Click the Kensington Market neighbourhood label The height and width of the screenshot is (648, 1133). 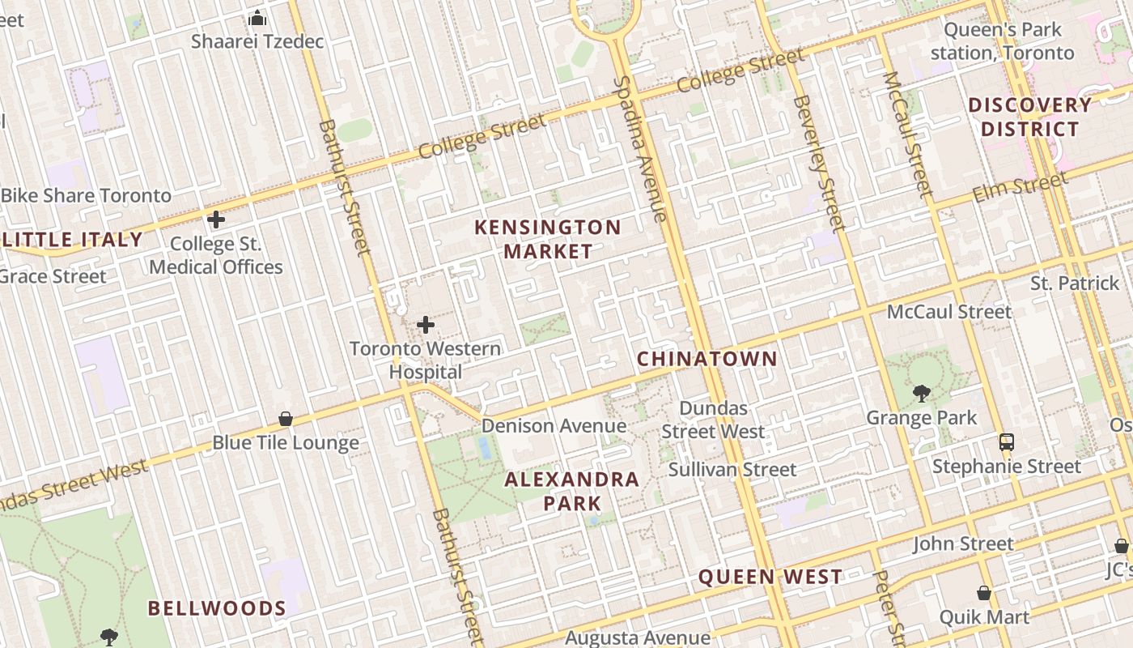point(548,239)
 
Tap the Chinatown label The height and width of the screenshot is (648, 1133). point(707,359)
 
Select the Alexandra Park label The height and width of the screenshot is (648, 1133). point(572,491)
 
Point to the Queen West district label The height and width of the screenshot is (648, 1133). point(770,577)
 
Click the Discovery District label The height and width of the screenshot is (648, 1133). point(1029,117)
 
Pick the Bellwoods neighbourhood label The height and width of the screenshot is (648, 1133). point(217,608)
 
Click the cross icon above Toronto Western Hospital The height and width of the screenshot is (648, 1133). point(426,326)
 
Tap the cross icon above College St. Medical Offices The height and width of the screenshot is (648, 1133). point(216,220)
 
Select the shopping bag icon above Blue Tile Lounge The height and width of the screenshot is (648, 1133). point(286,419)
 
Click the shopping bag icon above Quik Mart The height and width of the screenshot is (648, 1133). point(984,594)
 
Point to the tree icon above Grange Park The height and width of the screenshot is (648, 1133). point(921,394)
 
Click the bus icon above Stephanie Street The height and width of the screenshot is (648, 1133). point(1007,442)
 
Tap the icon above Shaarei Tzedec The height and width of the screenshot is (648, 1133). point(257,18)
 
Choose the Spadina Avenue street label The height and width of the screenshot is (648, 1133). point(640,149)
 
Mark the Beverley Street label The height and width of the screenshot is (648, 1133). point(820,163)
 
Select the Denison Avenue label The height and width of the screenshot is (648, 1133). point(554,426)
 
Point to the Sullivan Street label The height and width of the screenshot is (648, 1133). point(732,469)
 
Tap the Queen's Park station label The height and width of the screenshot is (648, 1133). point(1003,41)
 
